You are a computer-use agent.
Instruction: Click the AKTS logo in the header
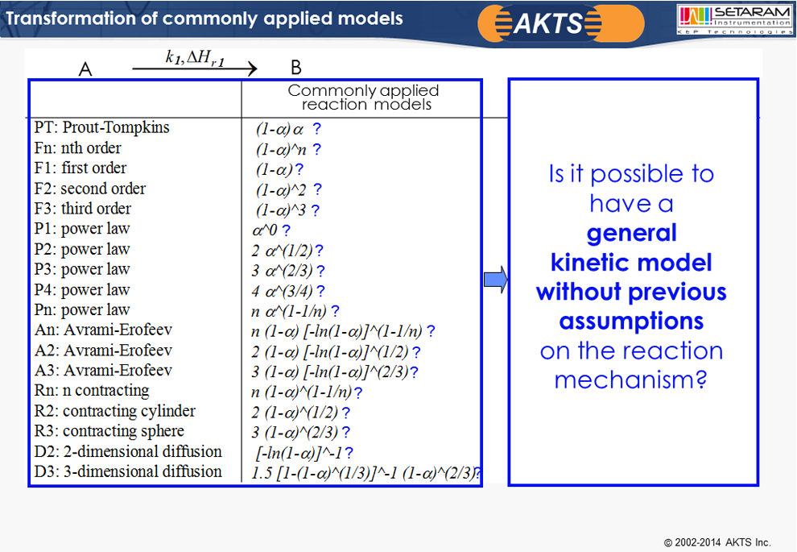[561, 23]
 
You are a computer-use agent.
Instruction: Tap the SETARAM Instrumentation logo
[734, 20]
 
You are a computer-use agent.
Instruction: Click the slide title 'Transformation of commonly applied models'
[204, 19]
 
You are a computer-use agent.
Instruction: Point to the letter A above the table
[85, 68]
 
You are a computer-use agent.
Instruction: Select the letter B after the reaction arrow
[295, 67]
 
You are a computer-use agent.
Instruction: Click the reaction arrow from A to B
[195, 68]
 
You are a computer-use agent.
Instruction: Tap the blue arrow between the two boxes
[496, 280]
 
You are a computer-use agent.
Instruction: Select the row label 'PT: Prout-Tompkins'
[101, 127]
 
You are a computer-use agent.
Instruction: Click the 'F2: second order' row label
[90, 189]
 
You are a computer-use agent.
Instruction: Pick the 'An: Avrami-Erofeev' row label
[103, 330]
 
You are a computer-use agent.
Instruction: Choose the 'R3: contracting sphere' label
[109, 431]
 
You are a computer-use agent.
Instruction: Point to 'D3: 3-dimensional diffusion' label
[128, 471]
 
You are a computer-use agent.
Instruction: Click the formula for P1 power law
[265, 230]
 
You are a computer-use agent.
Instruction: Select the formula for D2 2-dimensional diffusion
[299, 453]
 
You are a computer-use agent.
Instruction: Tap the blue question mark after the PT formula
[316, 128]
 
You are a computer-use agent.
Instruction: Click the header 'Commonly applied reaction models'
[363, 98]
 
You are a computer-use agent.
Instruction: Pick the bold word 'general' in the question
[632, 234]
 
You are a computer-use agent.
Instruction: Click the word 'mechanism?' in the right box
[631, 380]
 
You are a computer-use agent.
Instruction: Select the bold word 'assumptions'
[631, 321]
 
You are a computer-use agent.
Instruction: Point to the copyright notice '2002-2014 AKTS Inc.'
[718, 542]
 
